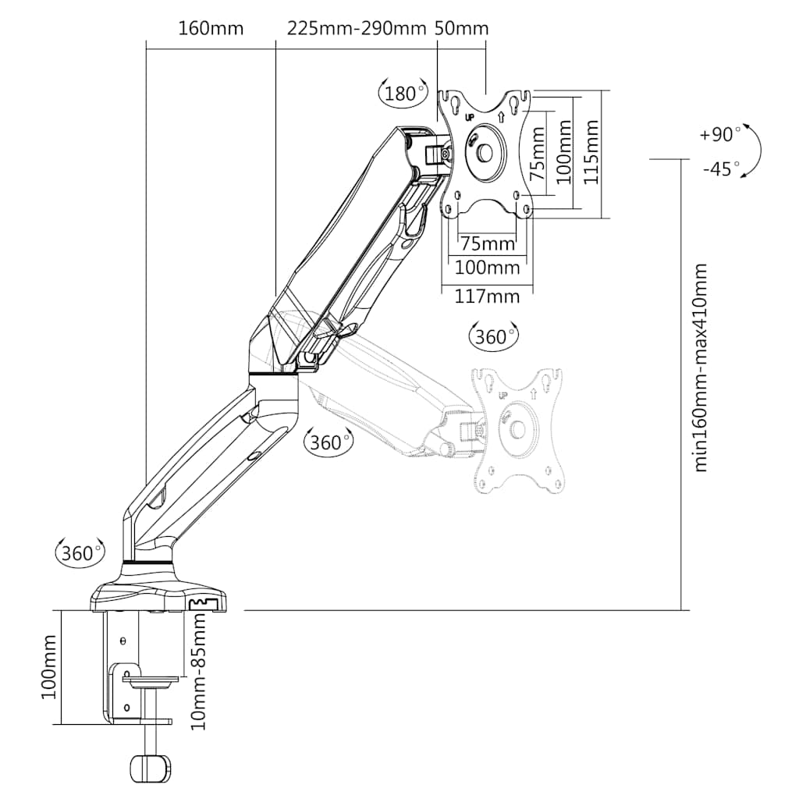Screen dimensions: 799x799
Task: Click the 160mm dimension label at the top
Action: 211,29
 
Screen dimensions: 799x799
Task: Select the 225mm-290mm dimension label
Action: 356,29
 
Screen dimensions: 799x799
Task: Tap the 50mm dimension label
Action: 462,29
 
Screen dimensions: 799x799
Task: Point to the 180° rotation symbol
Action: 403,93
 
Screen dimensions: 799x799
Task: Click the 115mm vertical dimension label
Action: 590,152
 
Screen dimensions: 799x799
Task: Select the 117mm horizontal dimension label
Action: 487,296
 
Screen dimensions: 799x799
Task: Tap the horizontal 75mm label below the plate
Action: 487,243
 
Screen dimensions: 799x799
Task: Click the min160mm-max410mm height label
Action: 700,368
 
